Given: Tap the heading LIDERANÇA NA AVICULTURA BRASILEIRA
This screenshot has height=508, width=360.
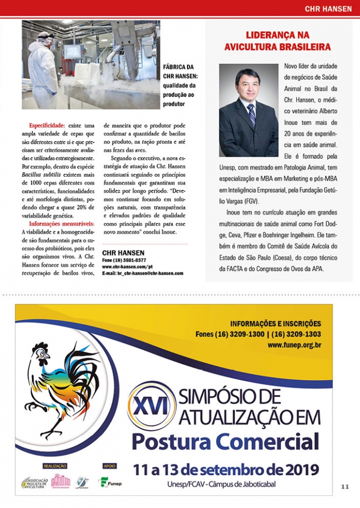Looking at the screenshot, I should point(277,41).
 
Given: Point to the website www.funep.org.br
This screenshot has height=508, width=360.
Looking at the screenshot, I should point(294,345).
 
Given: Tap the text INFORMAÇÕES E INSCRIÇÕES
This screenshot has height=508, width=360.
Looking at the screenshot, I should point(275,324).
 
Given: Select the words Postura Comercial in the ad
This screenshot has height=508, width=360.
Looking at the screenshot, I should point(226,440).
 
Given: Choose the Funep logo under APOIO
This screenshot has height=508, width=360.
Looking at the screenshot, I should point(110,482).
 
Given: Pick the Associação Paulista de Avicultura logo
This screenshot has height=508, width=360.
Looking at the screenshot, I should point(35,483).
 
